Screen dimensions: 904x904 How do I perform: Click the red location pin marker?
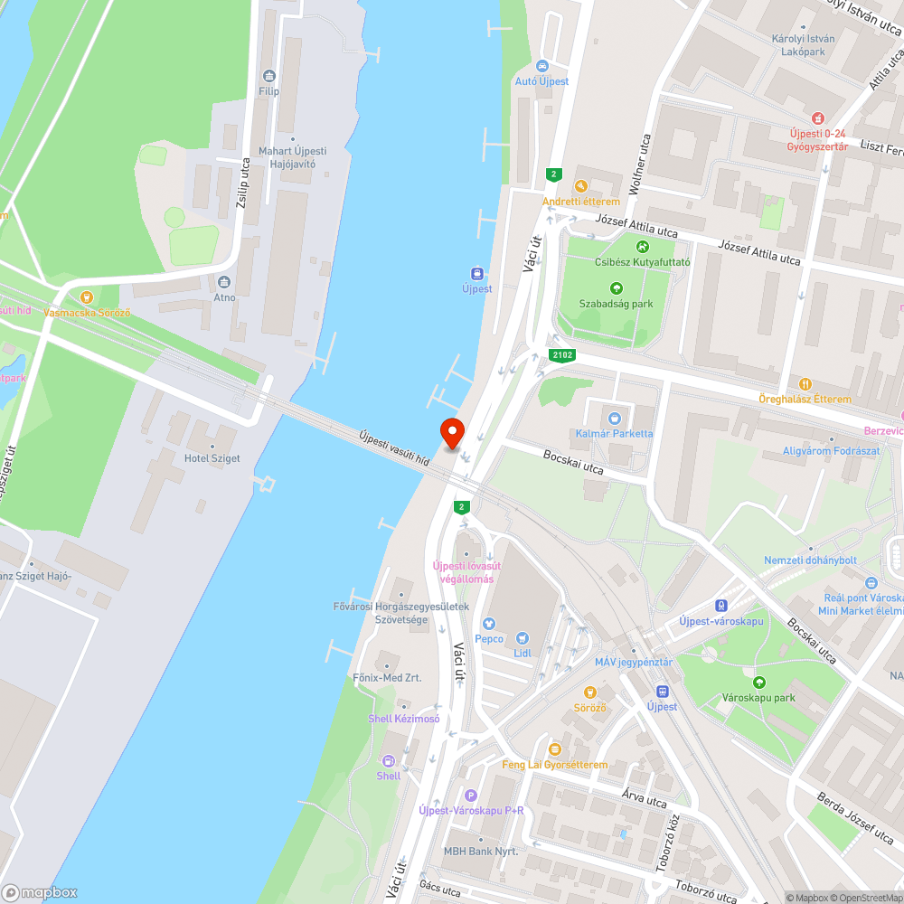point(452,434)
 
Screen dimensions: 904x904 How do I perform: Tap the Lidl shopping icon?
point(522,638)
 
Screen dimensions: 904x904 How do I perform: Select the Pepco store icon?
point(489,624)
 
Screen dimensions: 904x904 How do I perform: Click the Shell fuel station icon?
point(389,761)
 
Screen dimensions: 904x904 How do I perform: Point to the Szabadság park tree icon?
point(617,288)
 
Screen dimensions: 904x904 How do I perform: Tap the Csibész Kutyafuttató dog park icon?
point(642,246)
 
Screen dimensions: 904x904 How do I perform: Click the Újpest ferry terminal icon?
point(476,274)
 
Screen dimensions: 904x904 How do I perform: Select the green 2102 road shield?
point(560,355)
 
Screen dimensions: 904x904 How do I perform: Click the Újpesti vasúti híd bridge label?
point(393,447)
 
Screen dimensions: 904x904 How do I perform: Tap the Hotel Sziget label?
point(212,458)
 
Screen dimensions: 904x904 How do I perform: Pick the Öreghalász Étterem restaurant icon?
point(805,383)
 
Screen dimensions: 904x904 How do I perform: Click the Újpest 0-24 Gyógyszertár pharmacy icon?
point(817,118)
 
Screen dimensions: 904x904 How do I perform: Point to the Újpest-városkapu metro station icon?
point(721,606)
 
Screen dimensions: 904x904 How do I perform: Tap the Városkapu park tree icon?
point(758,683)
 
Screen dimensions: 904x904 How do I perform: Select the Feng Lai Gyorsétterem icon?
point(555,749)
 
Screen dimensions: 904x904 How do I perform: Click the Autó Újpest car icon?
point(541,66)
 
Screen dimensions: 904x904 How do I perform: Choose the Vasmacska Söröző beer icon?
point(87,297)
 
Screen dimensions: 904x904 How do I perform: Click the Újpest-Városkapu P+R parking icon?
point(470,796)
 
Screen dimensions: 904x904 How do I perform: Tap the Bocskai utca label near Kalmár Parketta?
point(573,461)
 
